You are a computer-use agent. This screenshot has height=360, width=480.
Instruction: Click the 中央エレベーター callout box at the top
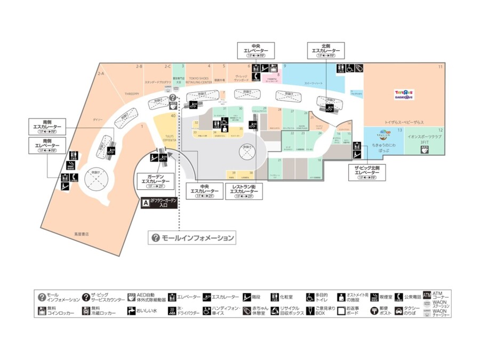point(256,50)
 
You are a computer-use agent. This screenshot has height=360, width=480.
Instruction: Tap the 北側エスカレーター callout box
point(326,50)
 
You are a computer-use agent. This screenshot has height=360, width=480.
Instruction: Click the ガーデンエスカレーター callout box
point(155,181)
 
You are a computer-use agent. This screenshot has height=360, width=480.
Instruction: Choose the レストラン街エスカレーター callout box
point(245,191)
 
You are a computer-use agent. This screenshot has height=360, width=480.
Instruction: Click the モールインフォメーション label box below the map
point(193,238)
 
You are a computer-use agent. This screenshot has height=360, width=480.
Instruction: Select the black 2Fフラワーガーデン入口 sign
point(159,203)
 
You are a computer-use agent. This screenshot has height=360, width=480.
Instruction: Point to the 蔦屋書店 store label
point(82,234)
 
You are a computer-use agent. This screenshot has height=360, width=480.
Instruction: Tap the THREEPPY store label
point(132,93)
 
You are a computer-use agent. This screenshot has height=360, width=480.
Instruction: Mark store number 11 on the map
point(441,67)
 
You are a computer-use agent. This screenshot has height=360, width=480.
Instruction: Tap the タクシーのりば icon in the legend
point(398,310)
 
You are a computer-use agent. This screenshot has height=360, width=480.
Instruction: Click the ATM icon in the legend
point(426,295)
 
